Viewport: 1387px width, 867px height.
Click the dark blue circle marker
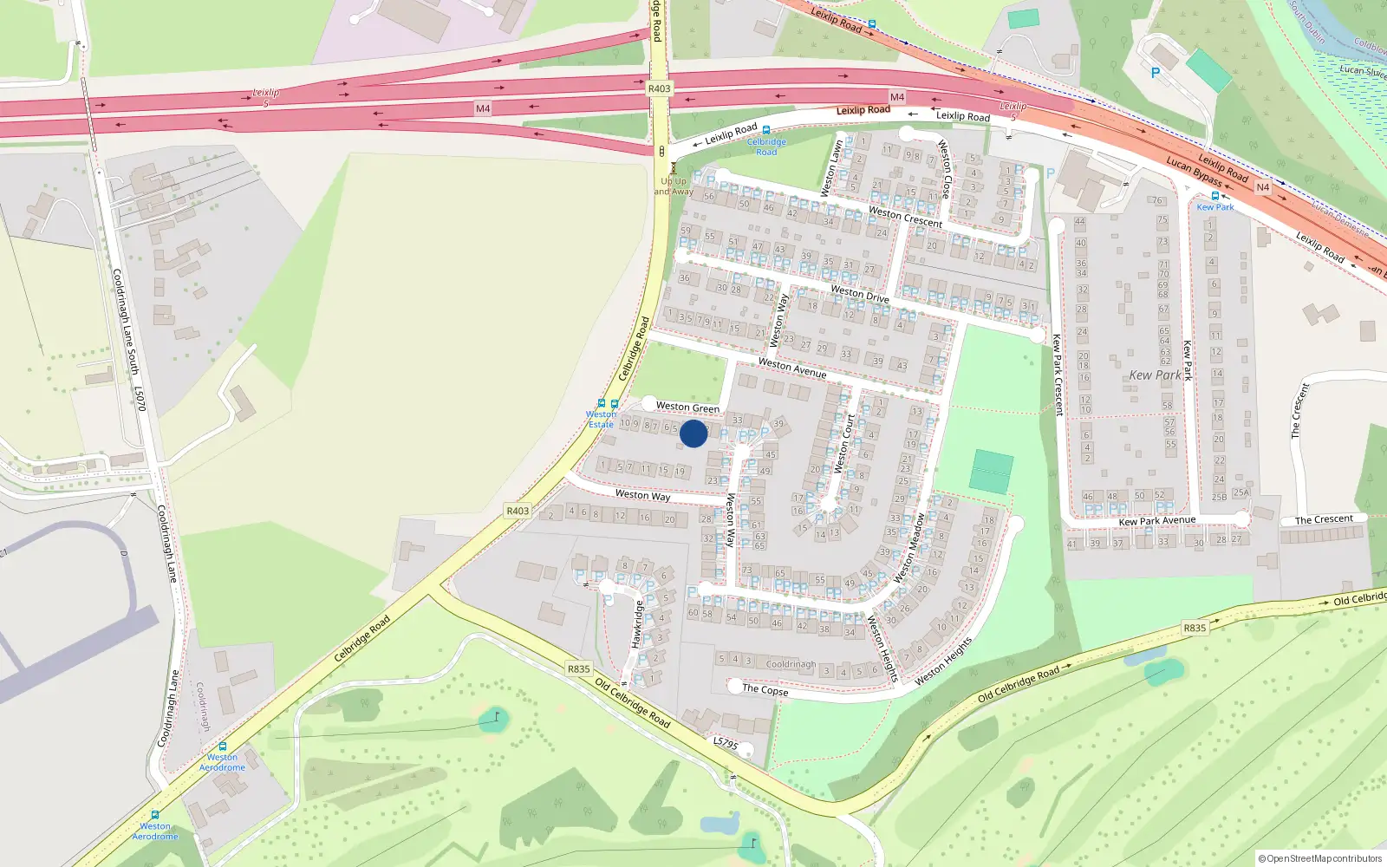click(693, 433)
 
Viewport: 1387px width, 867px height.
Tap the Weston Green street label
click(687, 407)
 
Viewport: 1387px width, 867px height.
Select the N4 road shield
click(1262, 187)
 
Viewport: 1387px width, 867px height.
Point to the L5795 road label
click(726, 744)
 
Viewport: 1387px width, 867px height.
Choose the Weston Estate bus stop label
click(601, 420)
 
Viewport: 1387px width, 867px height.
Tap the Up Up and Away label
click(674, 186)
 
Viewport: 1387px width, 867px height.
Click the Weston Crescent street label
click(905, 217)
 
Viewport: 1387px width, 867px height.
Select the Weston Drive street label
click(859, 293)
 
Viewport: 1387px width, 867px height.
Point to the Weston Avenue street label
click(792, 368)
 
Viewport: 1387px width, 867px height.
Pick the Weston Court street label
click(844, 443)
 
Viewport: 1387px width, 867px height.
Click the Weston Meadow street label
click(910, 549)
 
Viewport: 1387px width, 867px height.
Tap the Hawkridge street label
click(637, 624)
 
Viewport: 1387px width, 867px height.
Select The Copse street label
click(765, 690)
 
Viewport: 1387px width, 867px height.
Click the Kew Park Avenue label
click(1156, 521)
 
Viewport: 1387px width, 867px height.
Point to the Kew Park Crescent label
click(1057, 375)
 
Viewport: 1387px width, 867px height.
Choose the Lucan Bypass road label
click(1194, 171)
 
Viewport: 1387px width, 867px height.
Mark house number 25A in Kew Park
click(1241, 492)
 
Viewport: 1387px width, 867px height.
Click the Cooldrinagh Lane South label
click(125, 321)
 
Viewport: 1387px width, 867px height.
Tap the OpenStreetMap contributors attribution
click(1319, 858)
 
